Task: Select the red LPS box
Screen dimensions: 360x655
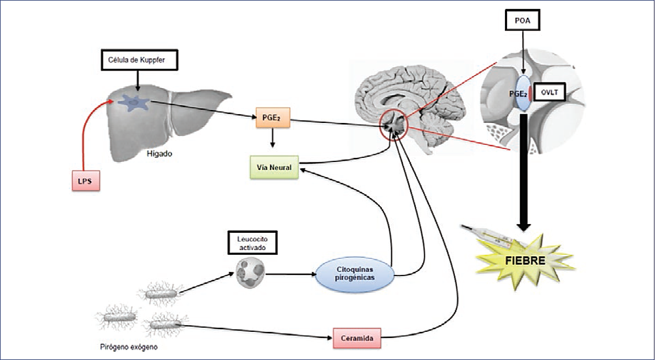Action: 85,180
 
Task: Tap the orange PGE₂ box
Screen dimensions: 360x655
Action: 272,118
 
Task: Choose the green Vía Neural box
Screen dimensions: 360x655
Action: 274,167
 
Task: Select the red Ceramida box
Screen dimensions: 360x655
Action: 356,338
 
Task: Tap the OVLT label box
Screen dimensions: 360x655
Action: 549,93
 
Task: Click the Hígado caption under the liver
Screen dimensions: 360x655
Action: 160,154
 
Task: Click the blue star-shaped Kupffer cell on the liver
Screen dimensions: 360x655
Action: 133,102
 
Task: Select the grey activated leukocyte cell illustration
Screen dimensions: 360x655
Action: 250,272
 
